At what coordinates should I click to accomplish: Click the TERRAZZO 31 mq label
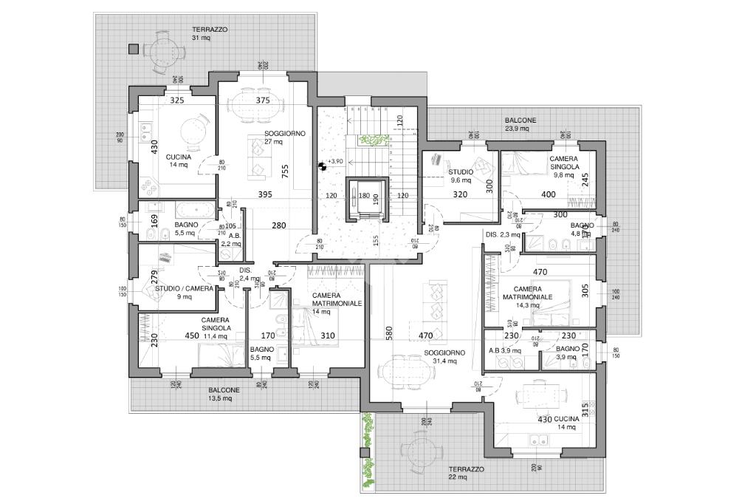210,33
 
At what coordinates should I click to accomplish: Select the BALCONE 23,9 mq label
520,124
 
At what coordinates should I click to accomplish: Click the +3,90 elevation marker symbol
323,166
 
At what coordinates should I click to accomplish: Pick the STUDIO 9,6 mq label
461,175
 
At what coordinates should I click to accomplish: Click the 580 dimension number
388,334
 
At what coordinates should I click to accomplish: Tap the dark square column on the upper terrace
133,50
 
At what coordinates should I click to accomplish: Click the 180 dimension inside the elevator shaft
363,196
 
